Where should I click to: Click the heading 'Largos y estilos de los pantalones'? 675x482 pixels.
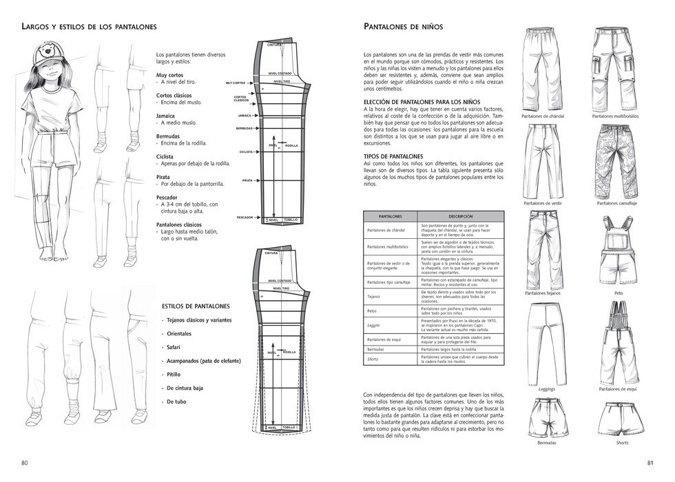tap(90, 27)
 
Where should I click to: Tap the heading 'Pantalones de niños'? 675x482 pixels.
tap(403, 27)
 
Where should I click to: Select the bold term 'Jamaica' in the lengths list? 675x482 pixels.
tap(165, 116)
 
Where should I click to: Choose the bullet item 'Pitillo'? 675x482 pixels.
tap(173, 374)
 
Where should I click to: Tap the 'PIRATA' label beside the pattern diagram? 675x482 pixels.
tap(247, 180)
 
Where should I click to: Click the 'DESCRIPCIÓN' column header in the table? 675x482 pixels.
tap(461, 216)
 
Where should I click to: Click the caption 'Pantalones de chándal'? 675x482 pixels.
tap(543, 116)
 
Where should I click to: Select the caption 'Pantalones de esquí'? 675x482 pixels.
tap(617, 389)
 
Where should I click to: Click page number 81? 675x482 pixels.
tap(650, 462)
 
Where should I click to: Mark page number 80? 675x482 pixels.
tap(25, 462)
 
